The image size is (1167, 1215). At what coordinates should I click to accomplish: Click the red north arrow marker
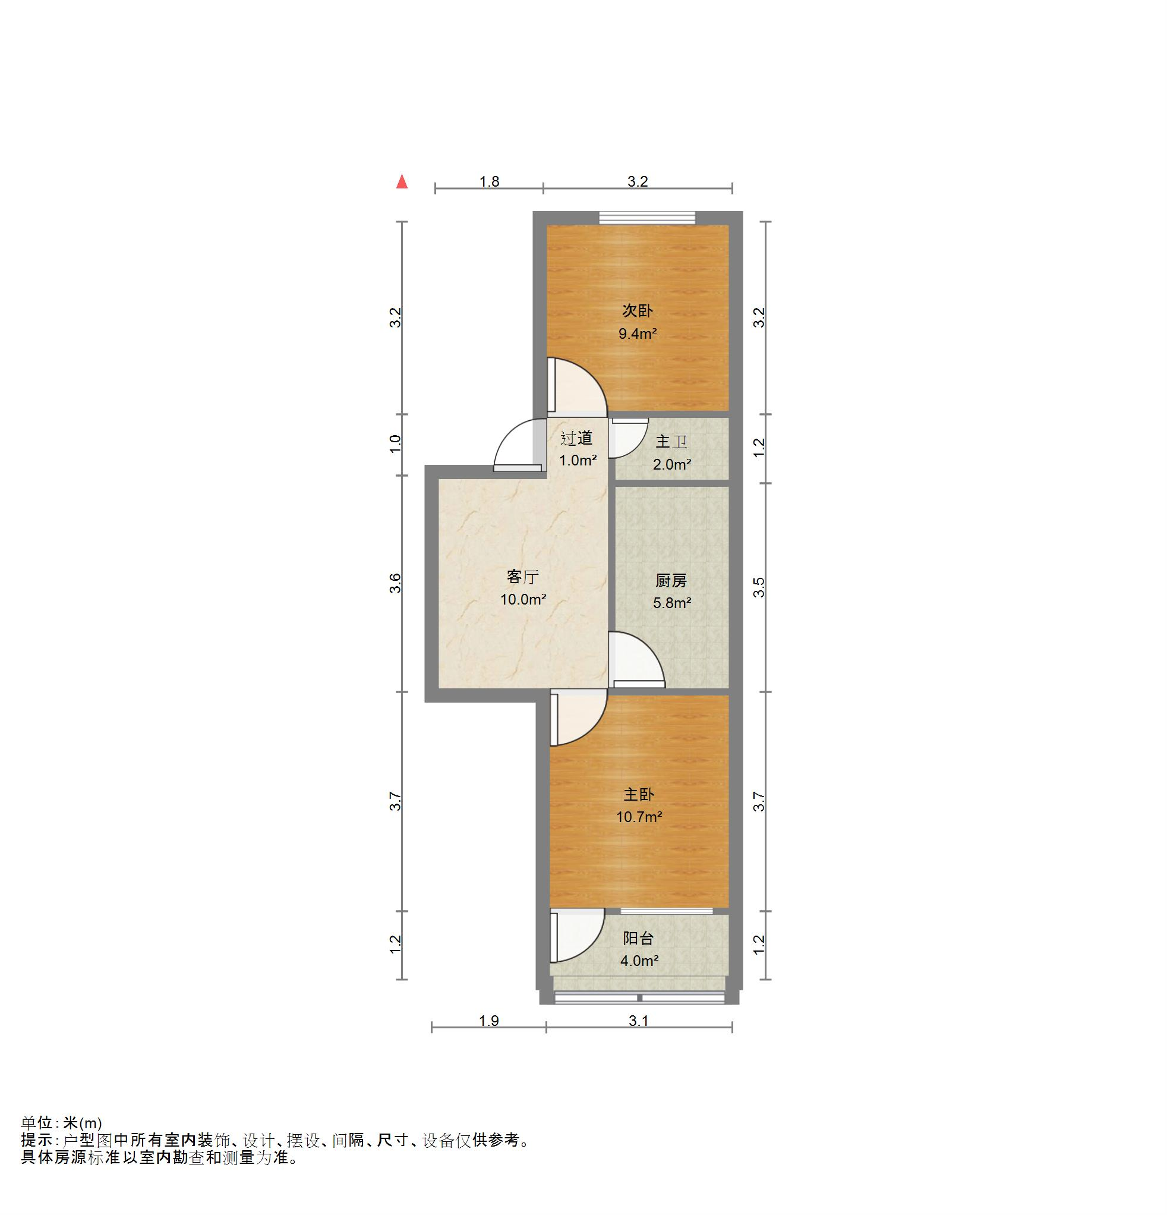coord(402,181)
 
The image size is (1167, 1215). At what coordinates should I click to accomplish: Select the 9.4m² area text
coord(638,333)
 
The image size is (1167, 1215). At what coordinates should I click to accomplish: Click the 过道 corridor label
coord(576,438)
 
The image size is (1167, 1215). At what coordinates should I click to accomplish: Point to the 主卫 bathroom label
coord(672,442)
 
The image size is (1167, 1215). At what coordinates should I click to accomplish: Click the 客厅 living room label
coord(522,577)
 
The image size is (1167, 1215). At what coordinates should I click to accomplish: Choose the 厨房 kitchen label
coord(671,581)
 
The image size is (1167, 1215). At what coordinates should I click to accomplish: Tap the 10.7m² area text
coord(639,817)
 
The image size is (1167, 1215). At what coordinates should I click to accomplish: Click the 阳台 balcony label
coord(638,939)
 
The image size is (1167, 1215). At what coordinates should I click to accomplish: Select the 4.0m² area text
coord(639,961)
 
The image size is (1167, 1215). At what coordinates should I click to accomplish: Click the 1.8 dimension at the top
coord(490,182)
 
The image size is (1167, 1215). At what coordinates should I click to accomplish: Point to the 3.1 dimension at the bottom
coord(638,1021)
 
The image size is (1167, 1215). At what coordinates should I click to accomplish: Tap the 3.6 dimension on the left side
coord(395,583)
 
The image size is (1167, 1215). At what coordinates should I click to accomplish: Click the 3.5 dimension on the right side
coord(759,587)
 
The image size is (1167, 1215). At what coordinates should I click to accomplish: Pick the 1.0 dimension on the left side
coord(395,444)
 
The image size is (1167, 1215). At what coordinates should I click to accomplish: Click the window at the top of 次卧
coord(647,218)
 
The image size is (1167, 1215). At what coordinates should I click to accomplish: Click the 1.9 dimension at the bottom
coord(489,1021)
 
